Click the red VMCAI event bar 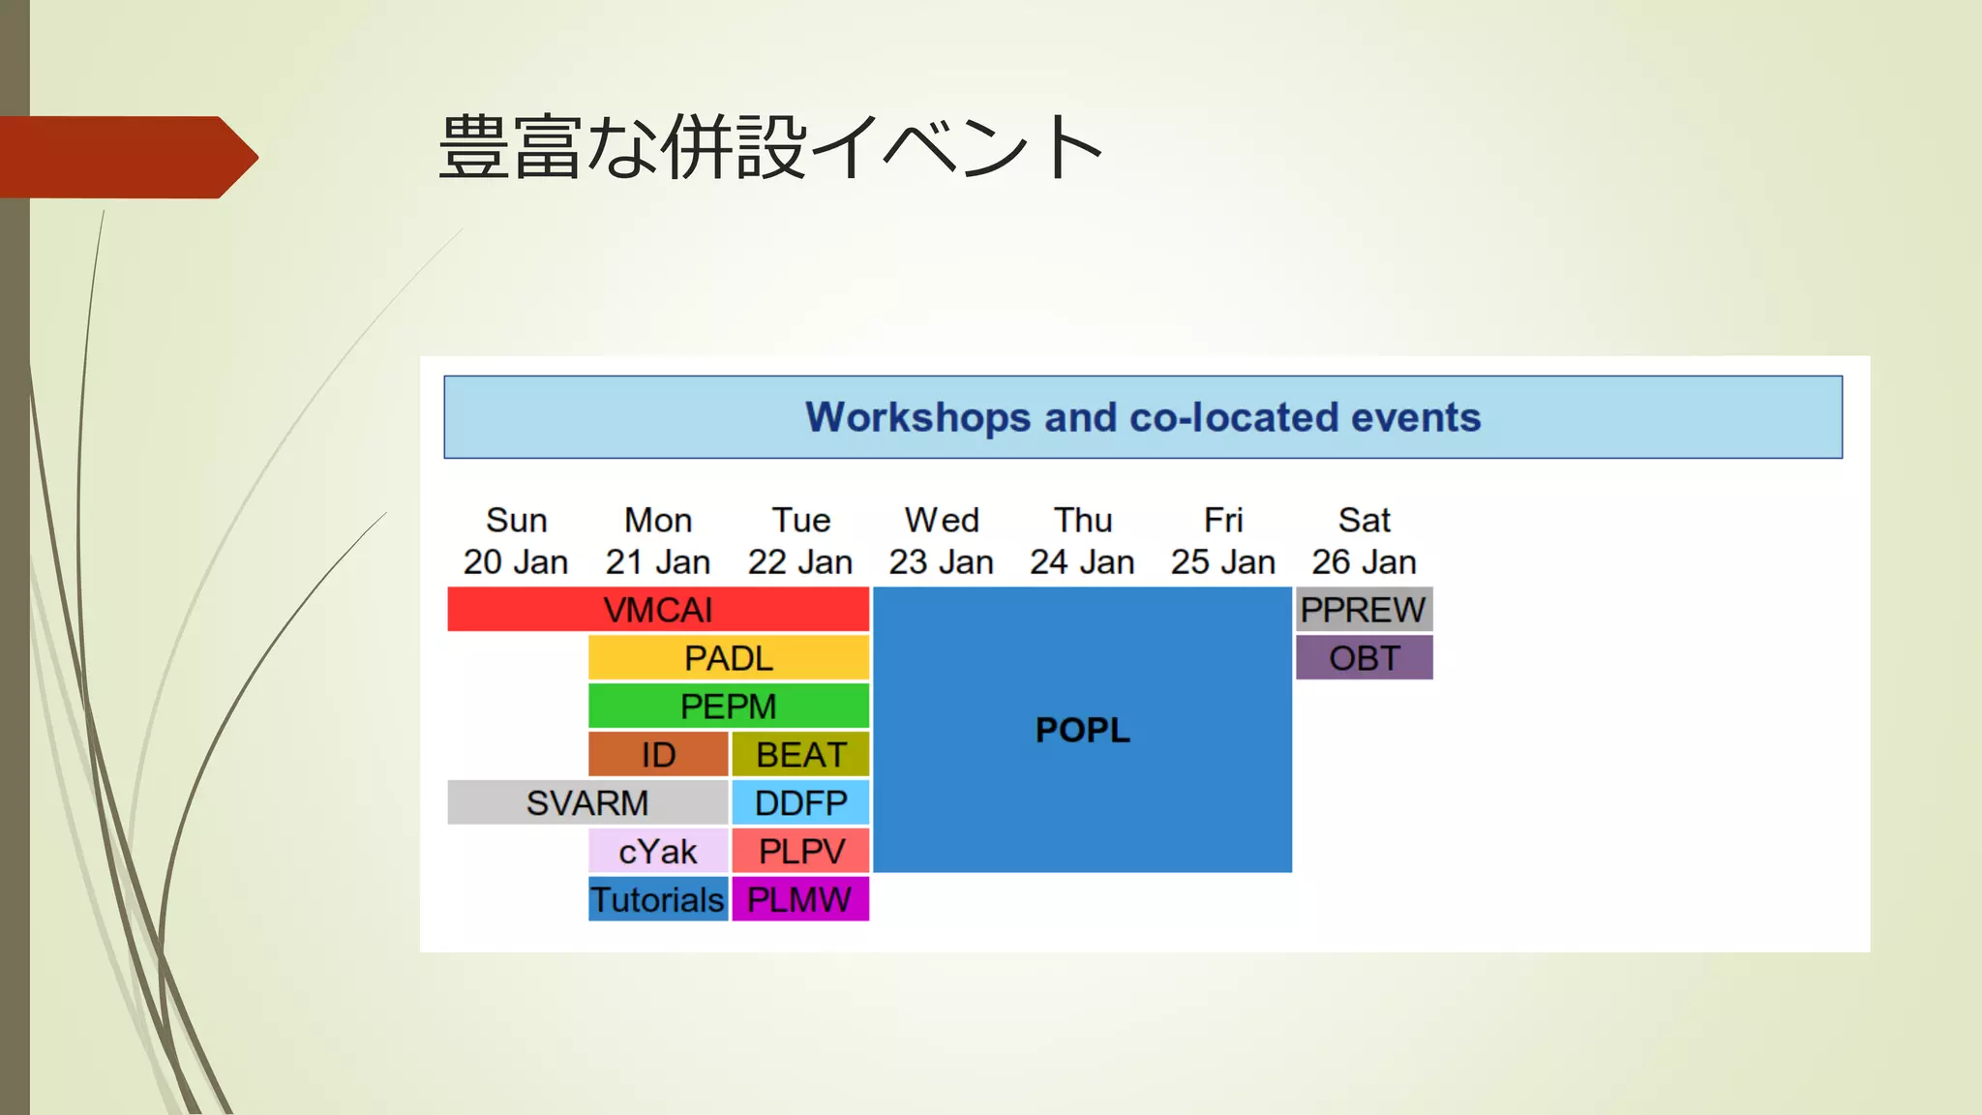pos(658,610)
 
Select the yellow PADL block pos(729,658)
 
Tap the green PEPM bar pos(729,707)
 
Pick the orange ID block pos(658,755)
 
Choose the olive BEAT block pos(800,755)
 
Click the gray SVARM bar pos(587,803)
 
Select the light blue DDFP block pos(800,803)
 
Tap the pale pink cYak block pos(658,852)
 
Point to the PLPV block pos(800,852)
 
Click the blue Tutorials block pos(658,900)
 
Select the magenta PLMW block pos(800,900)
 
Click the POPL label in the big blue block pos(1082,730)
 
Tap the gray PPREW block pos(1364,610)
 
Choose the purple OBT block pos(1364,658)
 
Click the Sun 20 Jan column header pos(516,541)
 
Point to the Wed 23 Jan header pos(942,541)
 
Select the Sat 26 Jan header pos(1364,541)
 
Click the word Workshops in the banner pos(917,418)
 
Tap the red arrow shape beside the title pos(126,157)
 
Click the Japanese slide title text pos(770,148)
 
